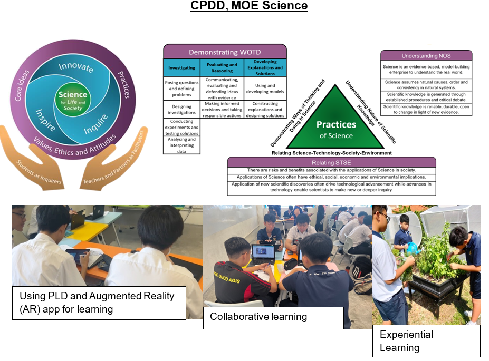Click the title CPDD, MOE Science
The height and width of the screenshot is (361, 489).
tap(248, 6)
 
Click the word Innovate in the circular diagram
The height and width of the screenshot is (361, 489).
tap(75, 68)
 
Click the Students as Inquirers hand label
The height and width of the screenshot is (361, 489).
tap(38, 172)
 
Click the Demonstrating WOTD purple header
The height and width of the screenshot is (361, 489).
tap(225, 52)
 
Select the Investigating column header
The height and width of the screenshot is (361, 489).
tap(182, 68)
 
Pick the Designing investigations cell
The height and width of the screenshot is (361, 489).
tap(182, 110)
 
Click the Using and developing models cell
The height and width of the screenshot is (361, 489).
tap(265, 89)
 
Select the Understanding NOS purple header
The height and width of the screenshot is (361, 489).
tap(426, 55)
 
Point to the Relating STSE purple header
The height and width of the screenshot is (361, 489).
tap(331, 162)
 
